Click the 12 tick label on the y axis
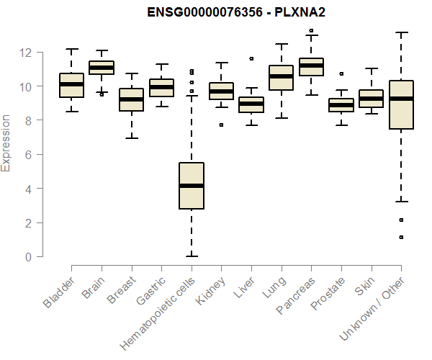pyautogui.click(x=27, y=53)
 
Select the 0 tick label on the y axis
pyautogui.click(x=27, y=257)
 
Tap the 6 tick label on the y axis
pyautogui.click(x=27, y=155)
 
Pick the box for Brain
pyautogui.click(x=102, y=68)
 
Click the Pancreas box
pyautogui.click(x=311, y=66)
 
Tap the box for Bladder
pyautogui.click(x=71, y=85)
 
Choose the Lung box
pyautogui.click(x=281, y=78)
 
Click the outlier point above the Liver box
pyautogui.click(x=251, y=58)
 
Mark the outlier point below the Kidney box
pyautogui.click(x=221, y=125)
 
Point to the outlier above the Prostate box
pyautogui.click(x=341, y=73)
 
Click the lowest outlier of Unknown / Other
pyautogui.click(x=402, y=237)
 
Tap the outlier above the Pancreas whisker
pyautogui.click(x=311, y=31)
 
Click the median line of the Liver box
pyautogui.click(x=251, y=104)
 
